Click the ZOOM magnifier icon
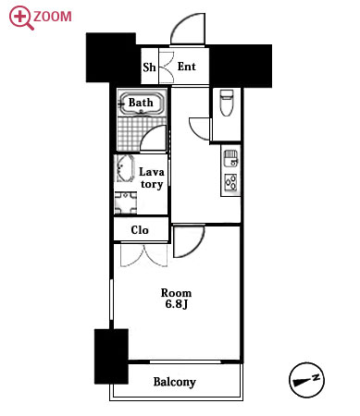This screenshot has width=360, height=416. (x=20, y=18)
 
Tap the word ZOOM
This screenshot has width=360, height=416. (x=53, y=17)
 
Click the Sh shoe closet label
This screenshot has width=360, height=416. (x=149, y=67)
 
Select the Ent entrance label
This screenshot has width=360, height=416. (x=187, y=67)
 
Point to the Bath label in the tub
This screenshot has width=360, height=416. (x=141, y=103)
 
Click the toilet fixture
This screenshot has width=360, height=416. (x=227, y=103)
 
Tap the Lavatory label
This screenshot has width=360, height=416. (x=152, y=177)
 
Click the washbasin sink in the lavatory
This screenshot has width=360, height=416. (x=124, y=168)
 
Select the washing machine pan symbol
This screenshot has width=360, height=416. (x=126, y=202)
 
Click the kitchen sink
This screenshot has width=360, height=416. (x=230, y=158)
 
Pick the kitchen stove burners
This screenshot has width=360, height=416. (x=230, y=181)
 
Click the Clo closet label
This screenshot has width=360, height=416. (x=140, y=230)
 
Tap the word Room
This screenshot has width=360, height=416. (x=176, y=292)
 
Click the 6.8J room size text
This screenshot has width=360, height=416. (x=177, y=304)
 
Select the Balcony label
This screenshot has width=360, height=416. (x=175, y=382)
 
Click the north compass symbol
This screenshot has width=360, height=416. (x=306, y=380)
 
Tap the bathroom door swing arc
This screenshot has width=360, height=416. (x=149, y=131)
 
